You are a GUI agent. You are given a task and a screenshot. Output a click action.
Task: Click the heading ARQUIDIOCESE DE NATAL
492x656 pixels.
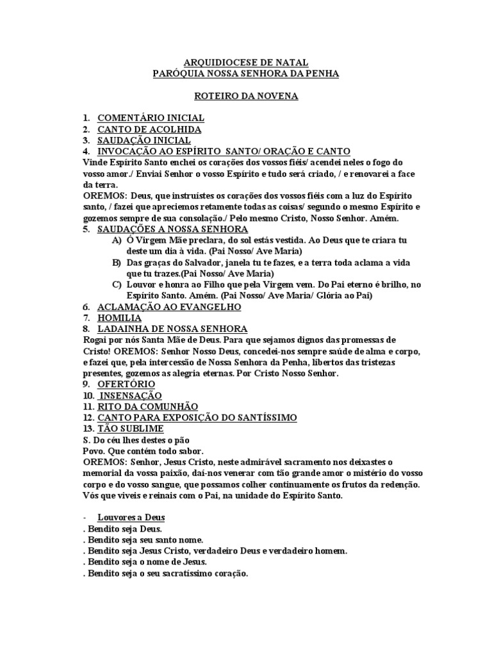point(246,63)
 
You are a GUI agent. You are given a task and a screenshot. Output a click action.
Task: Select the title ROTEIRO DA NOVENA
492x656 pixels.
point(245,95)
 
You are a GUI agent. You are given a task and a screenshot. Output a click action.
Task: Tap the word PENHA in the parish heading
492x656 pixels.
point(322,74)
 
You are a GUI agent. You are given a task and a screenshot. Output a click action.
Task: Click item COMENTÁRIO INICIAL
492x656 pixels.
point(151,118)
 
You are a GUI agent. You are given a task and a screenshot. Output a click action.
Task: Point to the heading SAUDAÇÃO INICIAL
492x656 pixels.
point(143,140)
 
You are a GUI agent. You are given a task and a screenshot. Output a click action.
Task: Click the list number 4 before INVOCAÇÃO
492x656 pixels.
point(86,151)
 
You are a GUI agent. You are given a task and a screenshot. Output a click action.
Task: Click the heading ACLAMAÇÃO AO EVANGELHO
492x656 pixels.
point(168,307)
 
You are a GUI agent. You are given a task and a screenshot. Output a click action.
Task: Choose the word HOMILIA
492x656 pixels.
point(120,318)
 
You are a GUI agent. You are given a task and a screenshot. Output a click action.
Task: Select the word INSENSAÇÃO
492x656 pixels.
point(131,395)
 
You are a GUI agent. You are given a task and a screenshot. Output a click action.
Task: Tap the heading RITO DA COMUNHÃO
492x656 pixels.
point(147,406)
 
